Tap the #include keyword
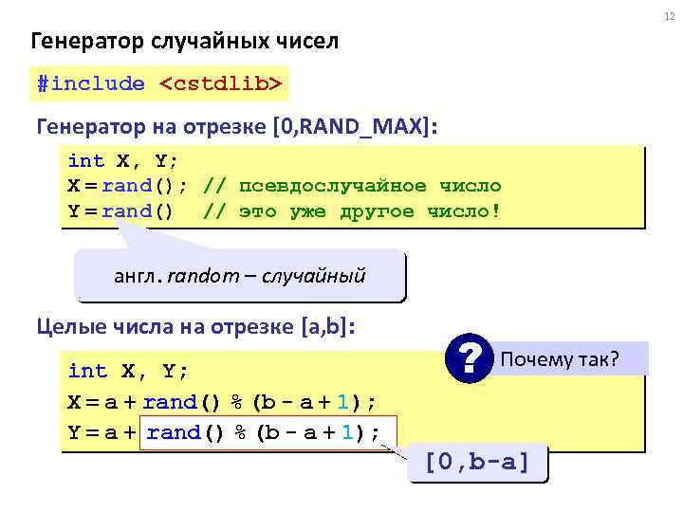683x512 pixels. click(91, 84)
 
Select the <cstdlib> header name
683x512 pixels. click(220, 84)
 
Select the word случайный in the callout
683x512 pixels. click(318, 277)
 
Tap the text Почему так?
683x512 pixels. click(560, 359)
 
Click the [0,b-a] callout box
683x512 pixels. click(477, 464)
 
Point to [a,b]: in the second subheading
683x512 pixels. click(328, 327)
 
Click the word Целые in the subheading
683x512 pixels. click(64, 327)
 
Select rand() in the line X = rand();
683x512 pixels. click(144, 186)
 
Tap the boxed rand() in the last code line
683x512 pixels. click(186, 432)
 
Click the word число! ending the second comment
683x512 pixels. click(463, 210)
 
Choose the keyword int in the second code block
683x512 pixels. click(88, 371)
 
